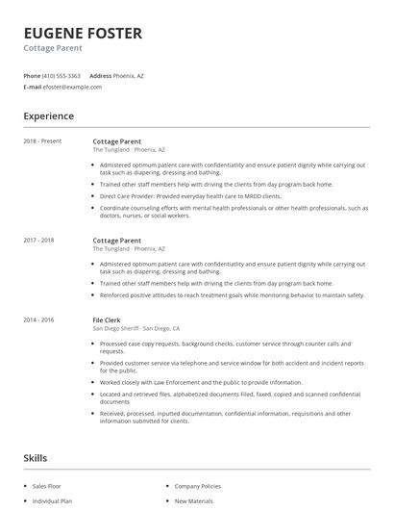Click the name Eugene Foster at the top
point(83,34)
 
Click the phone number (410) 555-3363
point(62,75)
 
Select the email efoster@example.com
point(72,87)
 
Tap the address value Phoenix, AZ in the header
point(129,75)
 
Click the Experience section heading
point(48,116)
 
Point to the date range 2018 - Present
point(42,140)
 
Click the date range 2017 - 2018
point(38,240)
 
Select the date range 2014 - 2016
point(38,319)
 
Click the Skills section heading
point(35,457)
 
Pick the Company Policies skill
point(198,487)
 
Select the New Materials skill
point(194,501)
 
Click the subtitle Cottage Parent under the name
point(52,48)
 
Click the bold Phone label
point(32,75)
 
